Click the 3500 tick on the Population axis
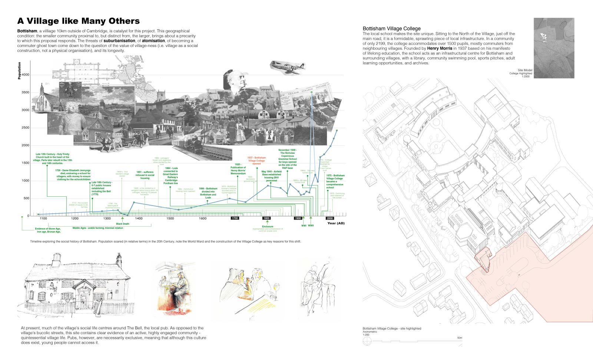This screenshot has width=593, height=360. click(25, 92)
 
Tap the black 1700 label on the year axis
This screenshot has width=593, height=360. click(235, 218)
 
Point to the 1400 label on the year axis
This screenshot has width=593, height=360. click(139, 219)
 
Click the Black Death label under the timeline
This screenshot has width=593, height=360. click(123, 224)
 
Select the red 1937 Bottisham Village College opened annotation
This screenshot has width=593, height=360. click(256, 160)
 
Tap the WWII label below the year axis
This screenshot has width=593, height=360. click(311, 225)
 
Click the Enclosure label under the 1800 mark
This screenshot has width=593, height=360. click(267, 226)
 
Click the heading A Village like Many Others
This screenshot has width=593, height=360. click(79, 21)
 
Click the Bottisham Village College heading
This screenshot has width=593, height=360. click(391, 29)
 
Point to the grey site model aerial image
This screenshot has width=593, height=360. click(554, 48)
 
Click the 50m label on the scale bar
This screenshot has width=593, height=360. click(459, 338)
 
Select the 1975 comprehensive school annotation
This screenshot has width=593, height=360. click(335, 181)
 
